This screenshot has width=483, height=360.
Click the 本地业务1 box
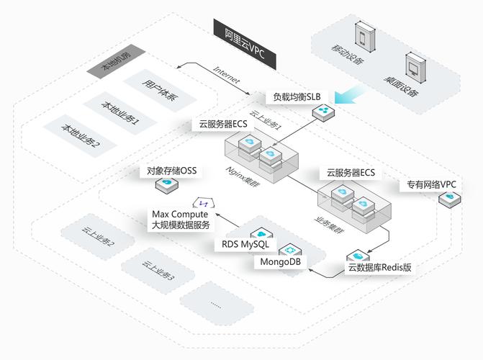tap(119, 113)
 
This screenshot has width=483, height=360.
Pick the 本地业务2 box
tap(81, 135)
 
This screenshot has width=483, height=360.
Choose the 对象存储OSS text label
tap(171, 171)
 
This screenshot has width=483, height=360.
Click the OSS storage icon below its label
tap(168, 186)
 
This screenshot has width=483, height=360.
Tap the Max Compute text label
tap(180, 215)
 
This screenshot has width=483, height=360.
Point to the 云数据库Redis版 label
tap(379, 268)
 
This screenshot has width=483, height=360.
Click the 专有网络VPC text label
tap(431, 185)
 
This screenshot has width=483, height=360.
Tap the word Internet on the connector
tap(226, 75)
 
